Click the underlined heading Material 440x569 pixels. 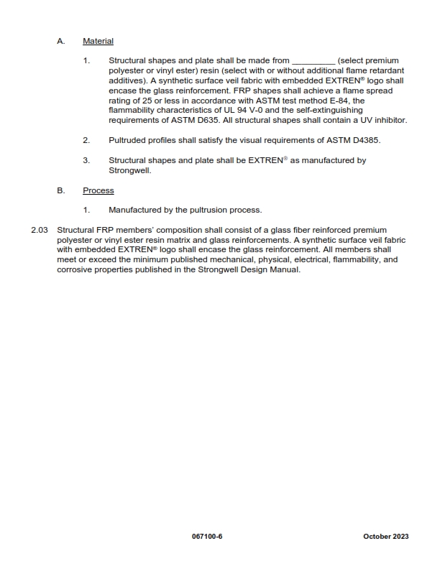[x=98, y=42]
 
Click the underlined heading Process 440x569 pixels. [x=98, y=190]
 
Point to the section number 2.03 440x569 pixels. [x=40, y=230]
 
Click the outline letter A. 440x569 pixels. [x=61, y=42]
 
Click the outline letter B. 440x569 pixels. [x=61, y=190]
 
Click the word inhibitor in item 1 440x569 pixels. [x=390, y=121]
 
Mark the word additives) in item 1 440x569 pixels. [x=129, y=81]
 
